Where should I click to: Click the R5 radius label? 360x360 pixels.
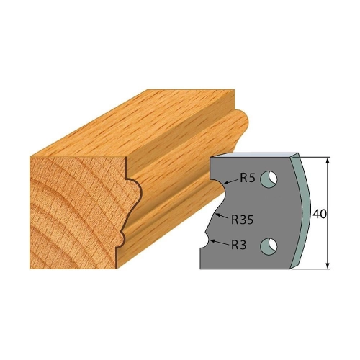pyautogui.click(x=248, y=178)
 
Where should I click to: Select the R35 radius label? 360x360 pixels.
pyautogui.click(x=243, y=220)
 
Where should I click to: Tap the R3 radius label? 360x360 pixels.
pyautogui.click(x=239, y=245)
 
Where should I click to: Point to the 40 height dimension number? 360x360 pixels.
pyautogui.click(x=320, y=214)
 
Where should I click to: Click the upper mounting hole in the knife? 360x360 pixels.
pyautogui.click(x=269, y=179)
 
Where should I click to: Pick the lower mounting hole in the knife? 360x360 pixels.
pyautogui.click(x=269, y=246)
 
